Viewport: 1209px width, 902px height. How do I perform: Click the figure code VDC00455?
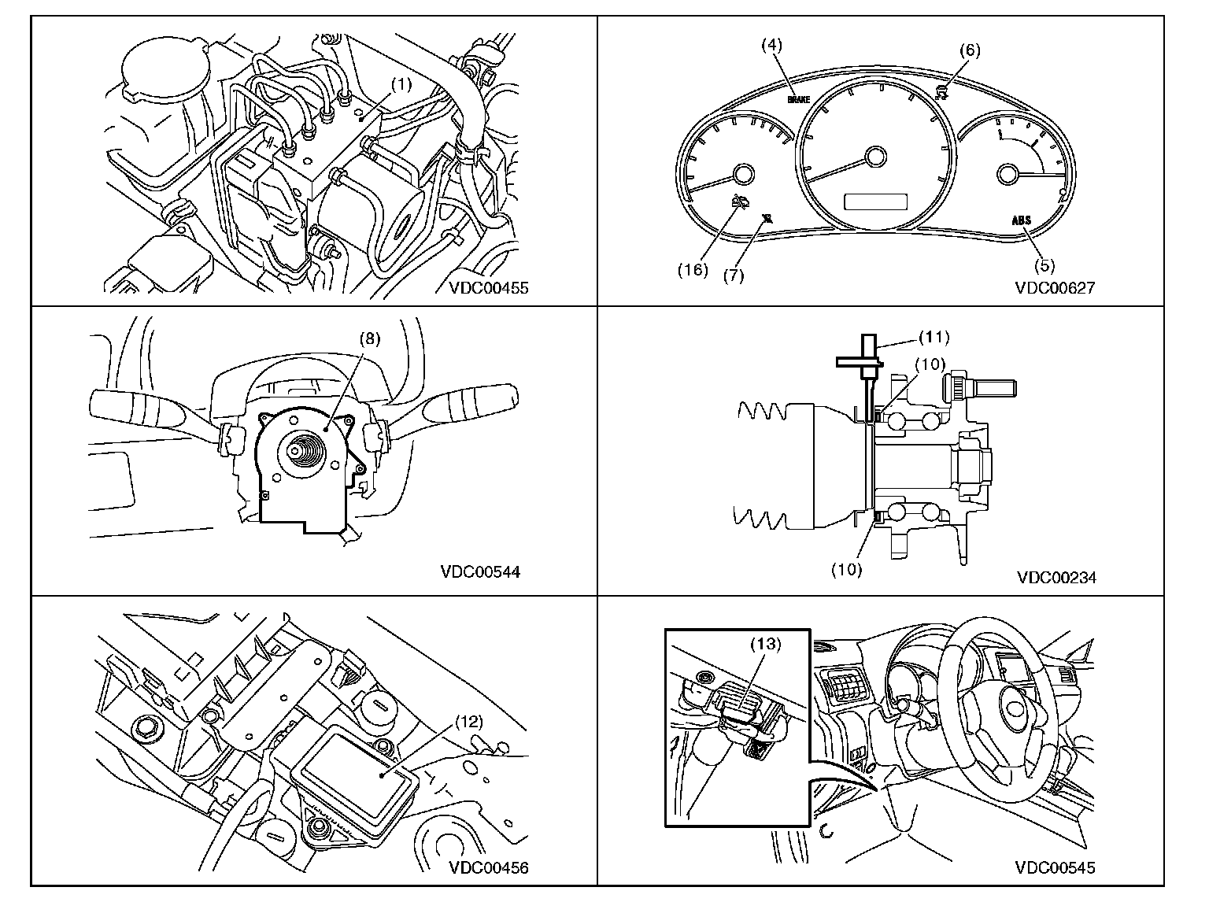point(488,288)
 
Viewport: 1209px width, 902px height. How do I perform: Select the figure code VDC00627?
point(1055,288)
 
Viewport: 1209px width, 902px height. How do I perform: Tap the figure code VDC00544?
point(479,572)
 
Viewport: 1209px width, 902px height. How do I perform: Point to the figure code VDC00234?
point(1056,578)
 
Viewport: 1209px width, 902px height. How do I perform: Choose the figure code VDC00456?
point(488,868)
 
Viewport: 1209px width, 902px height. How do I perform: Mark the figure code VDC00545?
point(1055,868)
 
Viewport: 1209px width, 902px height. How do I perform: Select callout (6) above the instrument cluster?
point(970,50)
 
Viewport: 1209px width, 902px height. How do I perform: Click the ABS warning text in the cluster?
point(1022,221)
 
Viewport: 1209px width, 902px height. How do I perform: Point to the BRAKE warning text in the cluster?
point(798,101)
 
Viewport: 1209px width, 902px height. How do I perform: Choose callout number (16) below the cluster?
point(693,269)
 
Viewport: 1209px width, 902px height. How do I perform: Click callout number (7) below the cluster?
point(733,275)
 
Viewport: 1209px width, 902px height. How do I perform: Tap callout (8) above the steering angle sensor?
point(370,338)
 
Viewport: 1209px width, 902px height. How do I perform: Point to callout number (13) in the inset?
point(764,644)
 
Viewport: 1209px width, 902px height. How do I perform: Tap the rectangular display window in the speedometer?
point(874,202)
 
